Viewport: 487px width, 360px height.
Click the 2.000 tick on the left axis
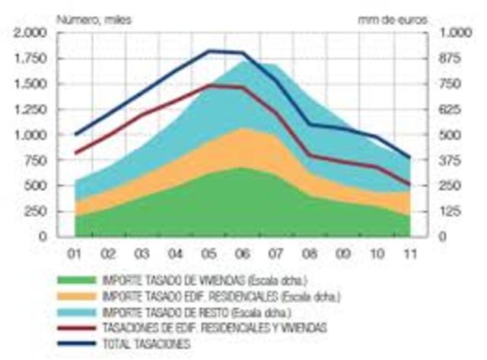(x=30, y=33)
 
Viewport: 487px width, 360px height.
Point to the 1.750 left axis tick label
(x=30, y=59)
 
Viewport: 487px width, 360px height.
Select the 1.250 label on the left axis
(x=30, y=110)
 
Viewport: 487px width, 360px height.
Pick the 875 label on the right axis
(x=454, y=59)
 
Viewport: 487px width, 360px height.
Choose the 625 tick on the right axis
(x=454, y=110)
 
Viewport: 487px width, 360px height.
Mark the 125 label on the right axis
(x=454, y=211)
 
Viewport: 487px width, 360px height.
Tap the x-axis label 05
(x=208, y=251)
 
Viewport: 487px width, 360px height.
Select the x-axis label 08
(x=308, y=251)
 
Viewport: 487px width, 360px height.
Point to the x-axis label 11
(x=409, y=251)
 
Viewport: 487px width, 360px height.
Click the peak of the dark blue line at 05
(x=209, y=51)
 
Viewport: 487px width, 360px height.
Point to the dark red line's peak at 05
(x=209, y=85)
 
